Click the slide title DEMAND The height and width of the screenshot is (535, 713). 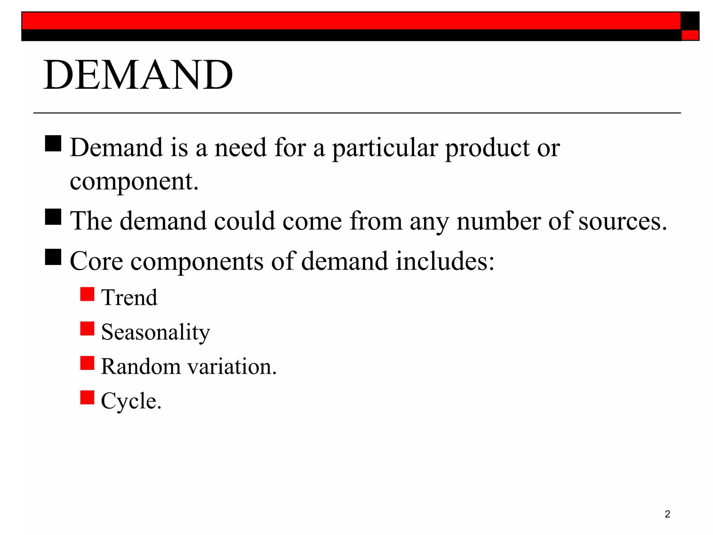138,75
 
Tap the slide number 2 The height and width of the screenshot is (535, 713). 667,514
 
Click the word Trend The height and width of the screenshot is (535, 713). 129,298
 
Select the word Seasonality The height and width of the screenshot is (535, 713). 156,332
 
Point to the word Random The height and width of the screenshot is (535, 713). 141,367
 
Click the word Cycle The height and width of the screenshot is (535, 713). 131,401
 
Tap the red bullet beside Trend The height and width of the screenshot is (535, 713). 87,294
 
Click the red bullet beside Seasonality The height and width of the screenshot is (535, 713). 87,328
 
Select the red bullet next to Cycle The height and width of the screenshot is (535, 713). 87,397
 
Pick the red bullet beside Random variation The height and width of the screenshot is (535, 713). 87,363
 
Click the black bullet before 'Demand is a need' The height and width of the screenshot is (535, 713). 53,144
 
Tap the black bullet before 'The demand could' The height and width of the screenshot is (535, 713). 53,217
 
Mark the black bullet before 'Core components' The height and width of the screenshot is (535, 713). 53,257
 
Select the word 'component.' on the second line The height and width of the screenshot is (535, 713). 134,182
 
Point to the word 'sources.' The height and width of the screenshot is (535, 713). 623,222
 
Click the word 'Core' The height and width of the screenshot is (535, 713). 96,261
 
